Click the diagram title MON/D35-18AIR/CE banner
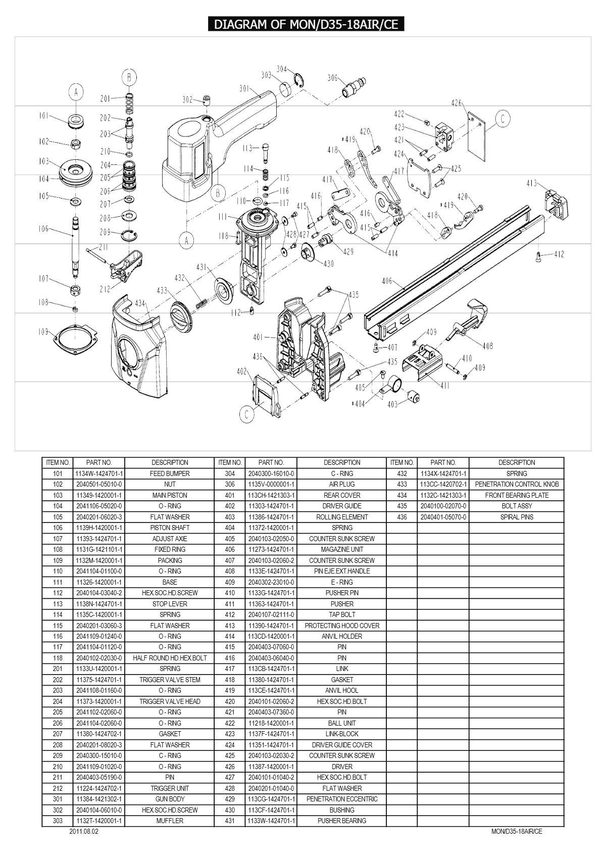click(306, 25)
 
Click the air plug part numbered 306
click(355, 86)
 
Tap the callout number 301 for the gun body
click(244, 89)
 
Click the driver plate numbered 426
click(477, 137)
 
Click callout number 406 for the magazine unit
click(387, 281)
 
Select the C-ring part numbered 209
click(130, 235)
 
